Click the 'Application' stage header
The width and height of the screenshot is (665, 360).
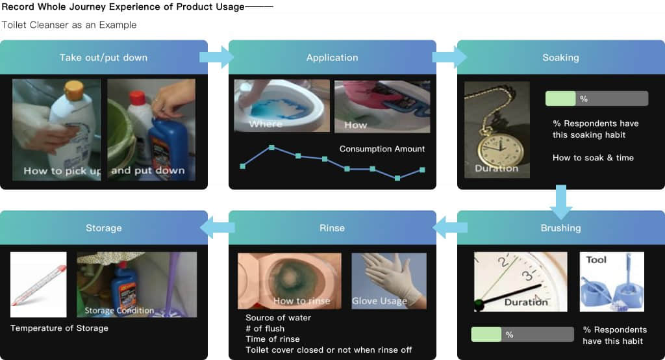coord(332,58)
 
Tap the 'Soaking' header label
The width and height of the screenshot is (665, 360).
coord(560,58)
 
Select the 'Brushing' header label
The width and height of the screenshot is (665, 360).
coord(560,228)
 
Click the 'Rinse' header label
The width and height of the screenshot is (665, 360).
coord(332,228)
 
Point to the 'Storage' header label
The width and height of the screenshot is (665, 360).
coord(103,228)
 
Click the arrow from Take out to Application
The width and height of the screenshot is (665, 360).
coord(216,57)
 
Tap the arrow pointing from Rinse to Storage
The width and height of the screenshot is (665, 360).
coord(217,228)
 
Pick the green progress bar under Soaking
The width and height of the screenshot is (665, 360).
coord(560,99)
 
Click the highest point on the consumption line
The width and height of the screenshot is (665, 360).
coord(271,148)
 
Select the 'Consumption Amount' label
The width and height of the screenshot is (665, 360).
coord(382,149)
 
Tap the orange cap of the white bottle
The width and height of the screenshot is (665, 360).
coord(73,89)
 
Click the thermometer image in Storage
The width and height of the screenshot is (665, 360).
coord(38,285)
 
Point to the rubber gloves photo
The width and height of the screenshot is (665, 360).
coord(389,281)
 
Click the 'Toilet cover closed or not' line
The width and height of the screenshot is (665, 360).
coord(329,350)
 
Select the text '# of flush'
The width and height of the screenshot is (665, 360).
coord(265,329)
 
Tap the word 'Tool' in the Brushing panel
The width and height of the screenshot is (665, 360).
coord(596,260)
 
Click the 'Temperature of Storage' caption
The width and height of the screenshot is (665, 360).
coord(59,328)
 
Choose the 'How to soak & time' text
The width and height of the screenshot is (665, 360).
coord(593,158)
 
